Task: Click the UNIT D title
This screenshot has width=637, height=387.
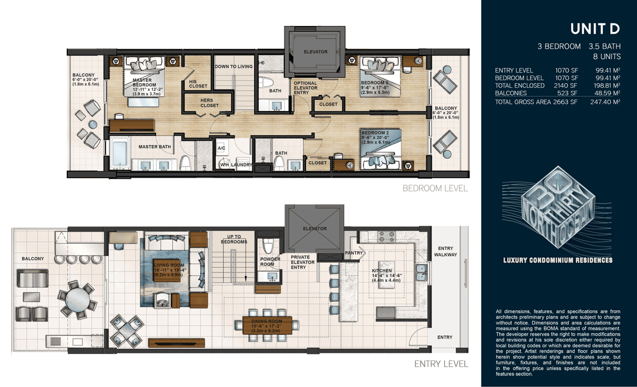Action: coord(595,29)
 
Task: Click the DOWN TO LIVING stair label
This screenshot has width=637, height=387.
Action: coord(234,67)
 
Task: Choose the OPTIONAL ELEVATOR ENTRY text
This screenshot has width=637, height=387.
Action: coord(306,88)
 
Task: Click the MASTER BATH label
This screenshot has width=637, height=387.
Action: coord(155,147)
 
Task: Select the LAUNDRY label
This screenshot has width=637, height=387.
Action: coord(241,165)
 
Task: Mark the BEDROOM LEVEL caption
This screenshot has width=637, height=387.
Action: coord(435,189)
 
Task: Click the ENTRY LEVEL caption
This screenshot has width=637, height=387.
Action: coord(441,364)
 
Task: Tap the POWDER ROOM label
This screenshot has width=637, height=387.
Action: coord(270,262)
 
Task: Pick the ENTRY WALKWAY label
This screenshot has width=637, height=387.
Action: coord(445,251)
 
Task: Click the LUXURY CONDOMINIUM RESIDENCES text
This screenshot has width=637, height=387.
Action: coord(557,260)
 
